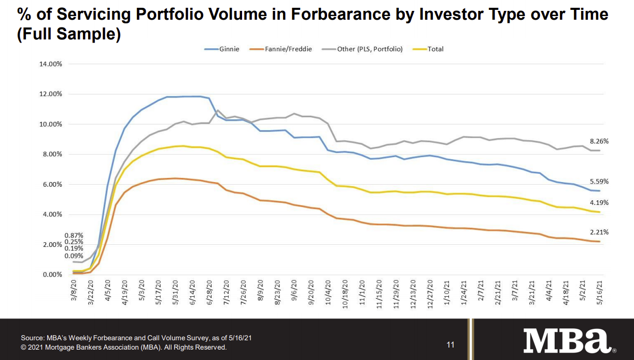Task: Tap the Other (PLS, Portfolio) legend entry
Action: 365,49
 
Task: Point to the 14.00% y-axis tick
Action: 51,64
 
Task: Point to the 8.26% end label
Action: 599,141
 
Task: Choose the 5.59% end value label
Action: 599,182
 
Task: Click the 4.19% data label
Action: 599,203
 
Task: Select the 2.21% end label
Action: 599,232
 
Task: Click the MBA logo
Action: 567,341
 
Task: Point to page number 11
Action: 450,344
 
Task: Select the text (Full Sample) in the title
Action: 68,35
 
